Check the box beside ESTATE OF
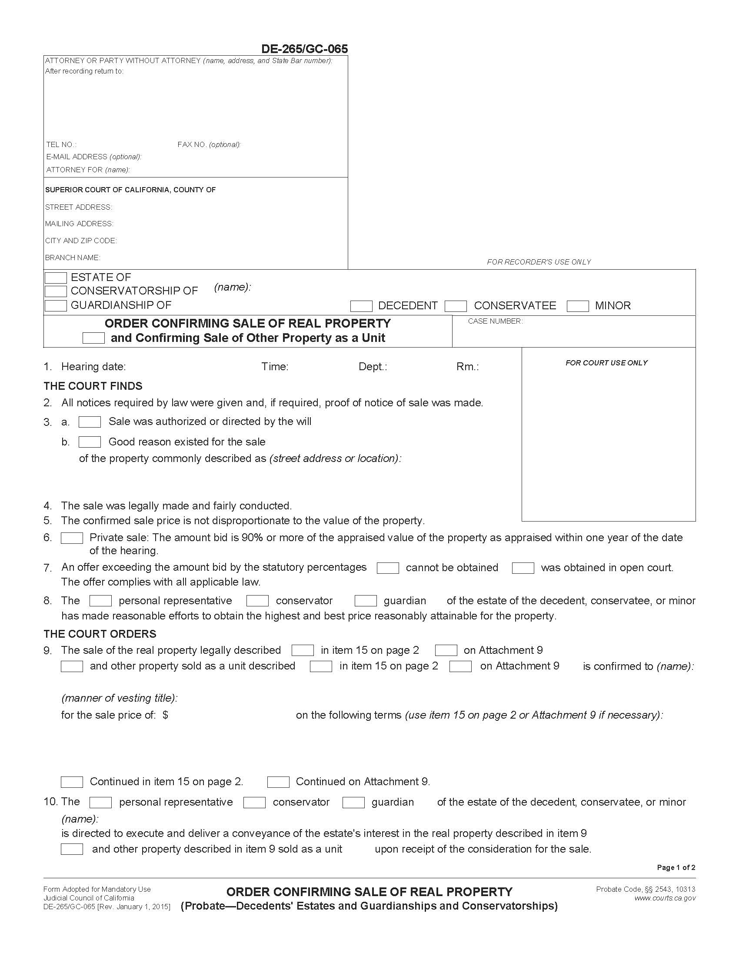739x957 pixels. [56, 278]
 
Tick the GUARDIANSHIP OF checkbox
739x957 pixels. [56, 305]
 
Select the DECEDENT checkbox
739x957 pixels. [361, 306]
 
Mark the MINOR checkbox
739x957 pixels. [577, 306]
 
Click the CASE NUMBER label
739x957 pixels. [495, 321]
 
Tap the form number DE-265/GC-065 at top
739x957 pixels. [304, 49]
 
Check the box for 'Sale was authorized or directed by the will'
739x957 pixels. [90, 422]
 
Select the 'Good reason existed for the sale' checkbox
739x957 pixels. [90, 442]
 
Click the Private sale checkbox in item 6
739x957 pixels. [72, 538]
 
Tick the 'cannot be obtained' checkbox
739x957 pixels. [388, 568]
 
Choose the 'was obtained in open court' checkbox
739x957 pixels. [523, 568]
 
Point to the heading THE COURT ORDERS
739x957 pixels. [100, 634]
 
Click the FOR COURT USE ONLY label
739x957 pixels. [606, 363]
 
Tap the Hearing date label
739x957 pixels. [93, 367]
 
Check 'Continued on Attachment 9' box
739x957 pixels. [279, 782]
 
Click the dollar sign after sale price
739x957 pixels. [165, 715]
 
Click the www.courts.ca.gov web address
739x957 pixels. [665, 898]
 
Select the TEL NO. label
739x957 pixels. [61, 144]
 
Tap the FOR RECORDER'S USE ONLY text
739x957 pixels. [539, 262]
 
